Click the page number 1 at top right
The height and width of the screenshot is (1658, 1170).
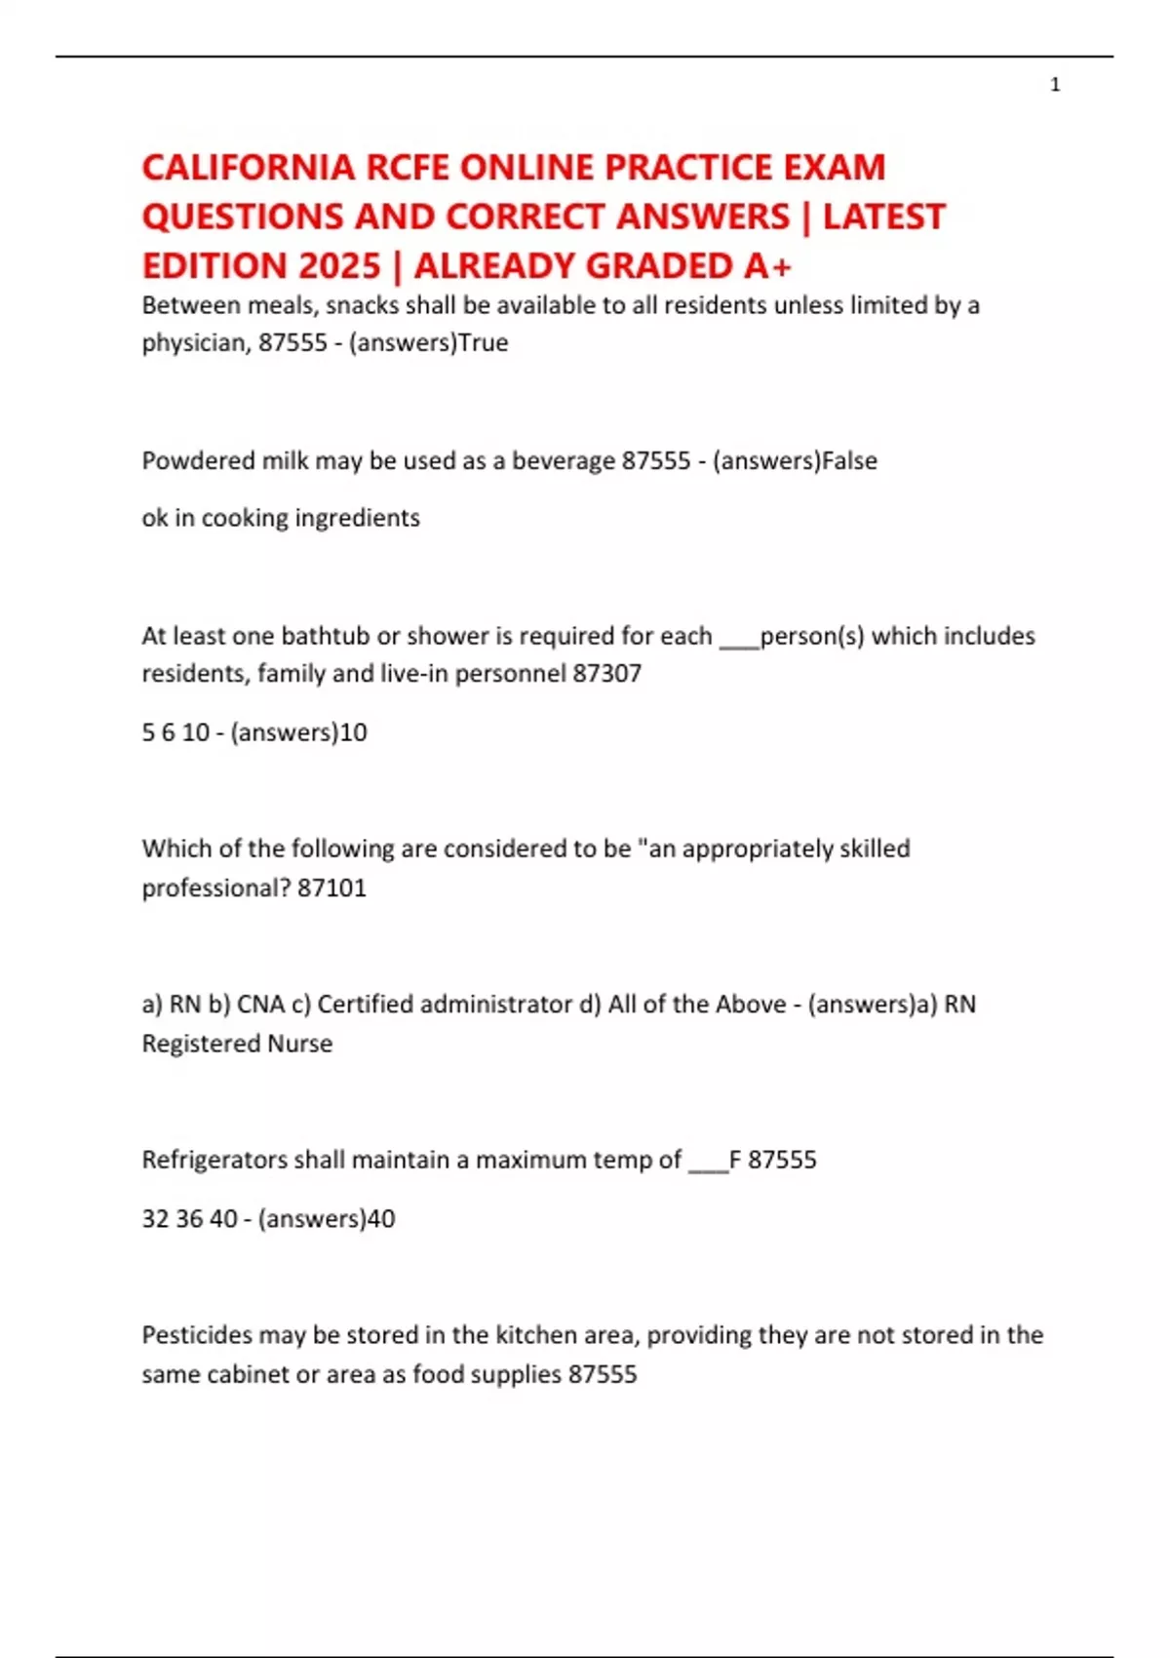[1055, 85]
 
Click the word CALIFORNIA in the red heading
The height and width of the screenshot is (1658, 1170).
[249, 168]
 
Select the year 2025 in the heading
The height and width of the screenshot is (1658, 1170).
[340, 265]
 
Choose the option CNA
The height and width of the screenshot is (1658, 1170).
[260, 1005]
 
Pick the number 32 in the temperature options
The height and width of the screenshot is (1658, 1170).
[155, 1219]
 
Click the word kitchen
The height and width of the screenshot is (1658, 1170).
[535, 1335]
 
